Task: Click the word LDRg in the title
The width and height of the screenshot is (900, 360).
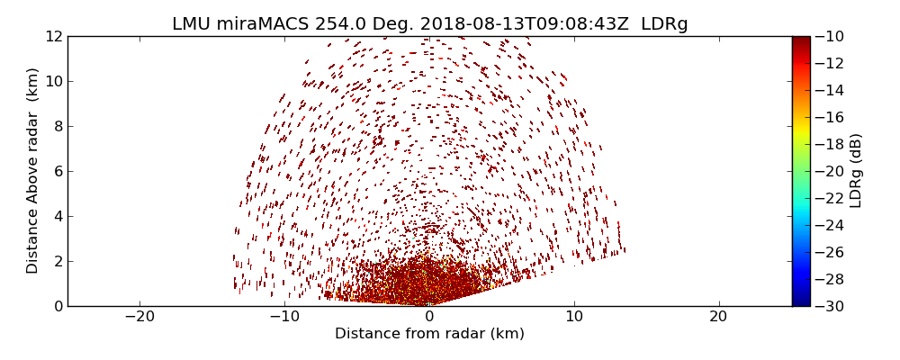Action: tap(664, 24)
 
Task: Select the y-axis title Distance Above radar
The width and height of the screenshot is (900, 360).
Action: tap(33, 170)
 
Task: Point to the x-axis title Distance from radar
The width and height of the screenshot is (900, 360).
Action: tap(429, 334)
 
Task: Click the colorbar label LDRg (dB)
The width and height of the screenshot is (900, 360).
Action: tap(856, 170)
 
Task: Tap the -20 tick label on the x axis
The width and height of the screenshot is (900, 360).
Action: tap(139, 317)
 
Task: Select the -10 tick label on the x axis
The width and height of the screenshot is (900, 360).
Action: tap(284, 317)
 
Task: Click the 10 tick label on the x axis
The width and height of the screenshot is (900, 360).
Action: tap(574, 317)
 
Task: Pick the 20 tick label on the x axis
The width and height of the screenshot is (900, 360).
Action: tap(718, 317)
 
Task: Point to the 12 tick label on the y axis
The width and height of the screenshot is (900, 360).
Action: tap(54, 36)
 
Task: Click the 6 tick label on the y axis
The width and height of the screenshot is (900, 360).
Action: tap(58, 171)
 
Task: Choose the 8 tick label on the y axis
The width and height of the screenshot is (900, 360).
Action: tap(58, 126)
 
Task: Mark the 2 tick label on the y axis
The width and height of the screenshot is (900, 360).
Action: tap(58, 261)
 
